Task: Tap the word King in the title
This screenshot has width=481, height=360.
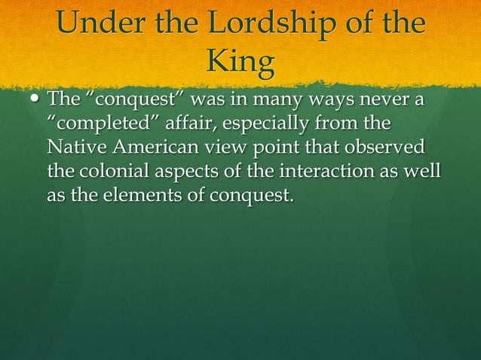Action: point(240,65)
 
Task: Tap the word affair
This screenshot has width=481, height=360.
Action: point(190,123)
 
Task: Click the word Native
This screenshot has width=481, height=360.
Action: point(76,146)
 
